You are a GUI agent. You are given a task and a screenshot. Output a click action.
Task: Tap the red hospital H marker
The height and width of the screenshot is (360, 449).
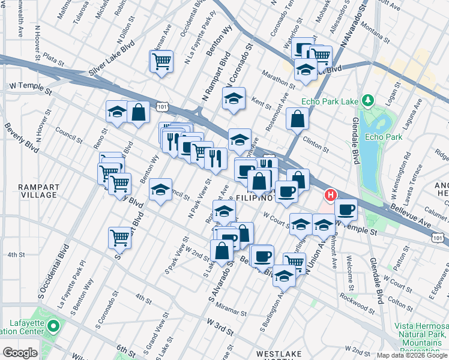(330, 196)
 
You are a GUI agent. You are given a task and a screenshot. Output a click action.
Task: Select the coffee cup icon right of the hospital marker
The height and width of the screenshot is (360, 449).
(346, 210)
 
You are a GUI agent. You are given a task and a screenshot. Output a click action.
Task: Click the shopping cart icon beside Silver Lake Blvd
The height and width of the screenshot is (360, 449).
(161, 61)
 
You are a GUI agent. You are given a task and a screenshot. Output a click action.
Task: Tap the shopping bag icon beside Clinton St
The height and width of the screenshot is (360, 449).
(297, 119)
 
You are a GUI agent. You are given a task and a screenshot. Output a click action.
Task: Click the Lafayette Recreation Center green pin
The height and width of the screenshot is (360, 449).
(53, 327)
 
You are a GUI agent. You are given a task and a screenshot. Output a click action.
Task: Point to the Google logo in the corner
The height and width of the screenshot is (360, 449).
(20, 353)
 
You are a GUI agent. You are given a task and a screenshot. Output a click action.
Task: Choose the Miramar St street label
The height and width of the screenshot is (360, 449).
(231, 313)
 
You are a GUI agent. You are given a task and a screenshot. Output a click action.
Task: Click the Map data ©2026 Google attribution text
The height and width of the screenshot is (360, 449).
(412, 355)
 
